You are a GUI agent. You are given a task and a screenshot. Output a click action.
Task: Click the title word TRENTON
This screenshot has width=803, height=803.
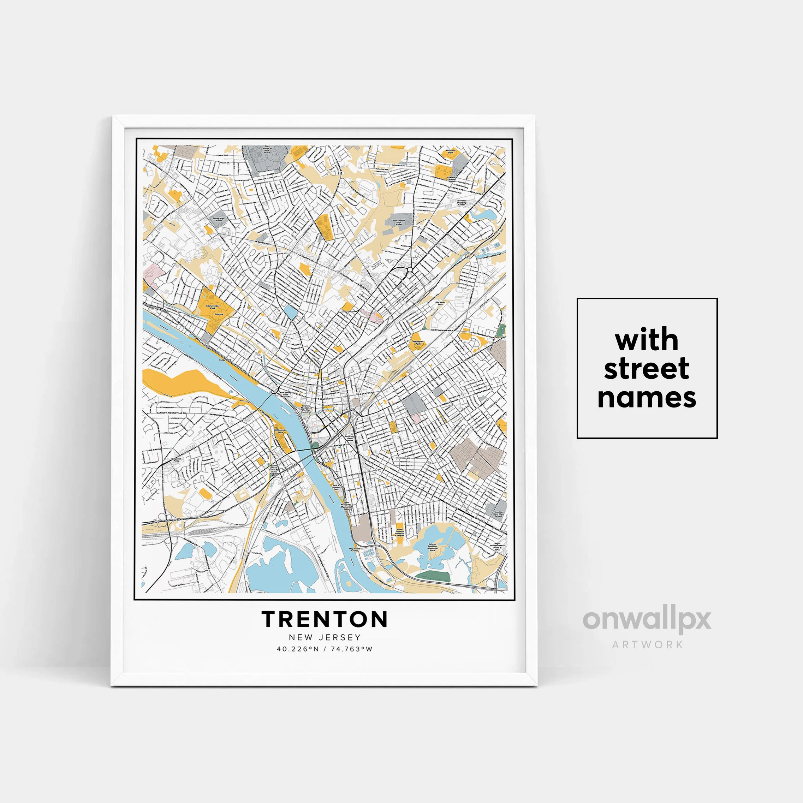tap(325, 619)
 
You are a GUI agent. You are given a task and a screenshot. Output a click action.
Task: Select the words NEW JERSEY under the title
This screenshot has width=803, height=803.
tap(325, 637)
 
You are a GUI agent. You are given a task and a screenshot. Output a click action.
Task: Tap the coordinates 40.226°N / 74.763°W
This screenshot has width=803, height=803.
tap(325, 649)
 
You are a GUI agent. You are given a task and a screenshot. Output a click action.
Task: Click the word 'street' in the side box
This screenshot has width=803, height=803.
tap(646, 369)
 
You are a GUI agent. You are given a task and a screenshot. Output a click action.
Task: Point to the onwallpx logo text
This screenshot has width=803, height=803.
tap(647, 620)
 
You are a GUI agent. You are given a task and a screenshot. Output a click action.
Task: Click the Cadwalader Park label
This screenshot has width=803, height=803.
tap(213, 307)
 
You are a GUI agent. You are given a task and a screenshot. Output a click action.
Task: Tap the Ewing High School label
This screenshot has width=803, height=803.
tap(219, 219)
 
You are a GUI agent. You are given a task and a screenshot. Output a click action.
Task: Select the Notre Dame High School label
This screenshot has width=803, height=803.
tap(399, 222)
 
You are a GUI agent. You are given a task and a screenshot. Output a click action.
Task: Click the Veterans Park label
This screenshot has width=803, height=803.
tap(451, 152)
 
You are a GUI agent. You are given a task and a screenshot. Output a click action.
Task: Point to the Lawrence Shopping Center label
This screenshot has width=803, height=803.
tap(461, 202)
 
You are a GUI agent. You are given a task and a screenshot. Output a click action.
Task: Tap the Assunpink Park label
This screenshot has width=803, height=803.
tap(418, 343)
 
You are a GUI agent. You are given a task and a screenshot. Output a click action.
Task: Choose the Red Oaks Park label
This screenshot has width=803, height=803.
tap(440, 303)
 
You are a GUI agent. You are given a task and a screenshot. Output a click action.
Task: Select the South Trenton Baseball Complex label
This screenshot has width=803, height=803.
tap(399, 533)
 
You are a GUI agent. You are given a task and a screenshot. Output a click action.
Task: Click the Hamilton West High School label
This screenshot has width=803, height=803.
tap(498, 514)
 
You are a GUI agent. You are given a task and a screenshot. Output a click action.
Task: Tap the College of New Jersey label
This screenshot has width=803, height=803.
tap(266, 150)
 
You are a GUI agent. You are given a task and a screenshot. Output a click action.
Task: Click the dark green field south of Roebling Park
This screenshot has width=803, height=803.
tap(433, 576)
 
